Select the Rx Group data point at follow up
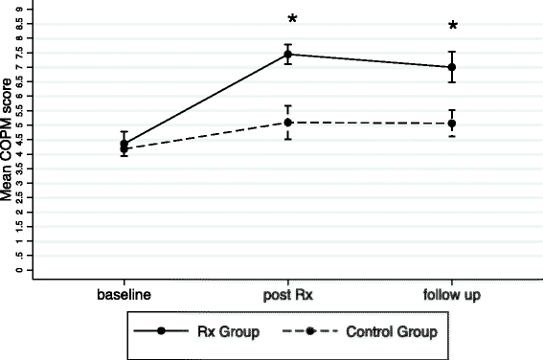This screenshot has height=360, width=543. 452,67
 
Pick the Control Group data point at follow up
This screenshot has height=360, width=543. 452,124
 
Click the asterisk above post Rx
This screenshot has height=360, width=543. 291,20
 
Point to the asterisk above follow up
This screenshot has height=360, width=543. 453,27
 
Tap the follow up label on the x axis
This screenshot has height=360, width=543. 452,292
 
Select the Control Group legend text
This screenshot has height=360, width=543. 392,331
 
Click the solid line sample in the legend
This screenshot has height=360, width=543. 161,331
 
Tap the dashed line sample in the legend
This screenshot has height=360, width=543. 311,331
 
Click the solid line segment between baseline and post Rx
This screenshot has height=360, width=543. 206,100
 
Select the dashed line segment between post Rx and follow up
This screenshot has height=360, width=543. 370,123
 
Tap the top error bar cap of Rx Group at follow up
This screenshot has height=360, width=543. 452,52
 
